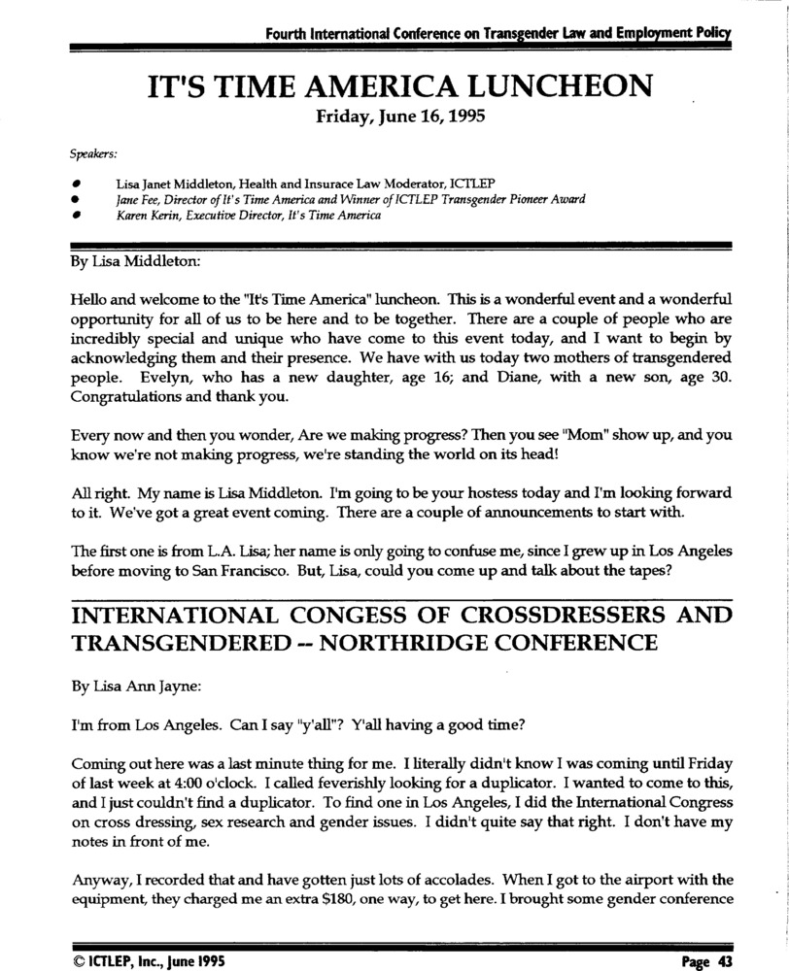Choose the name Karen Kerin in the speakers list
click(143, 216)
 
